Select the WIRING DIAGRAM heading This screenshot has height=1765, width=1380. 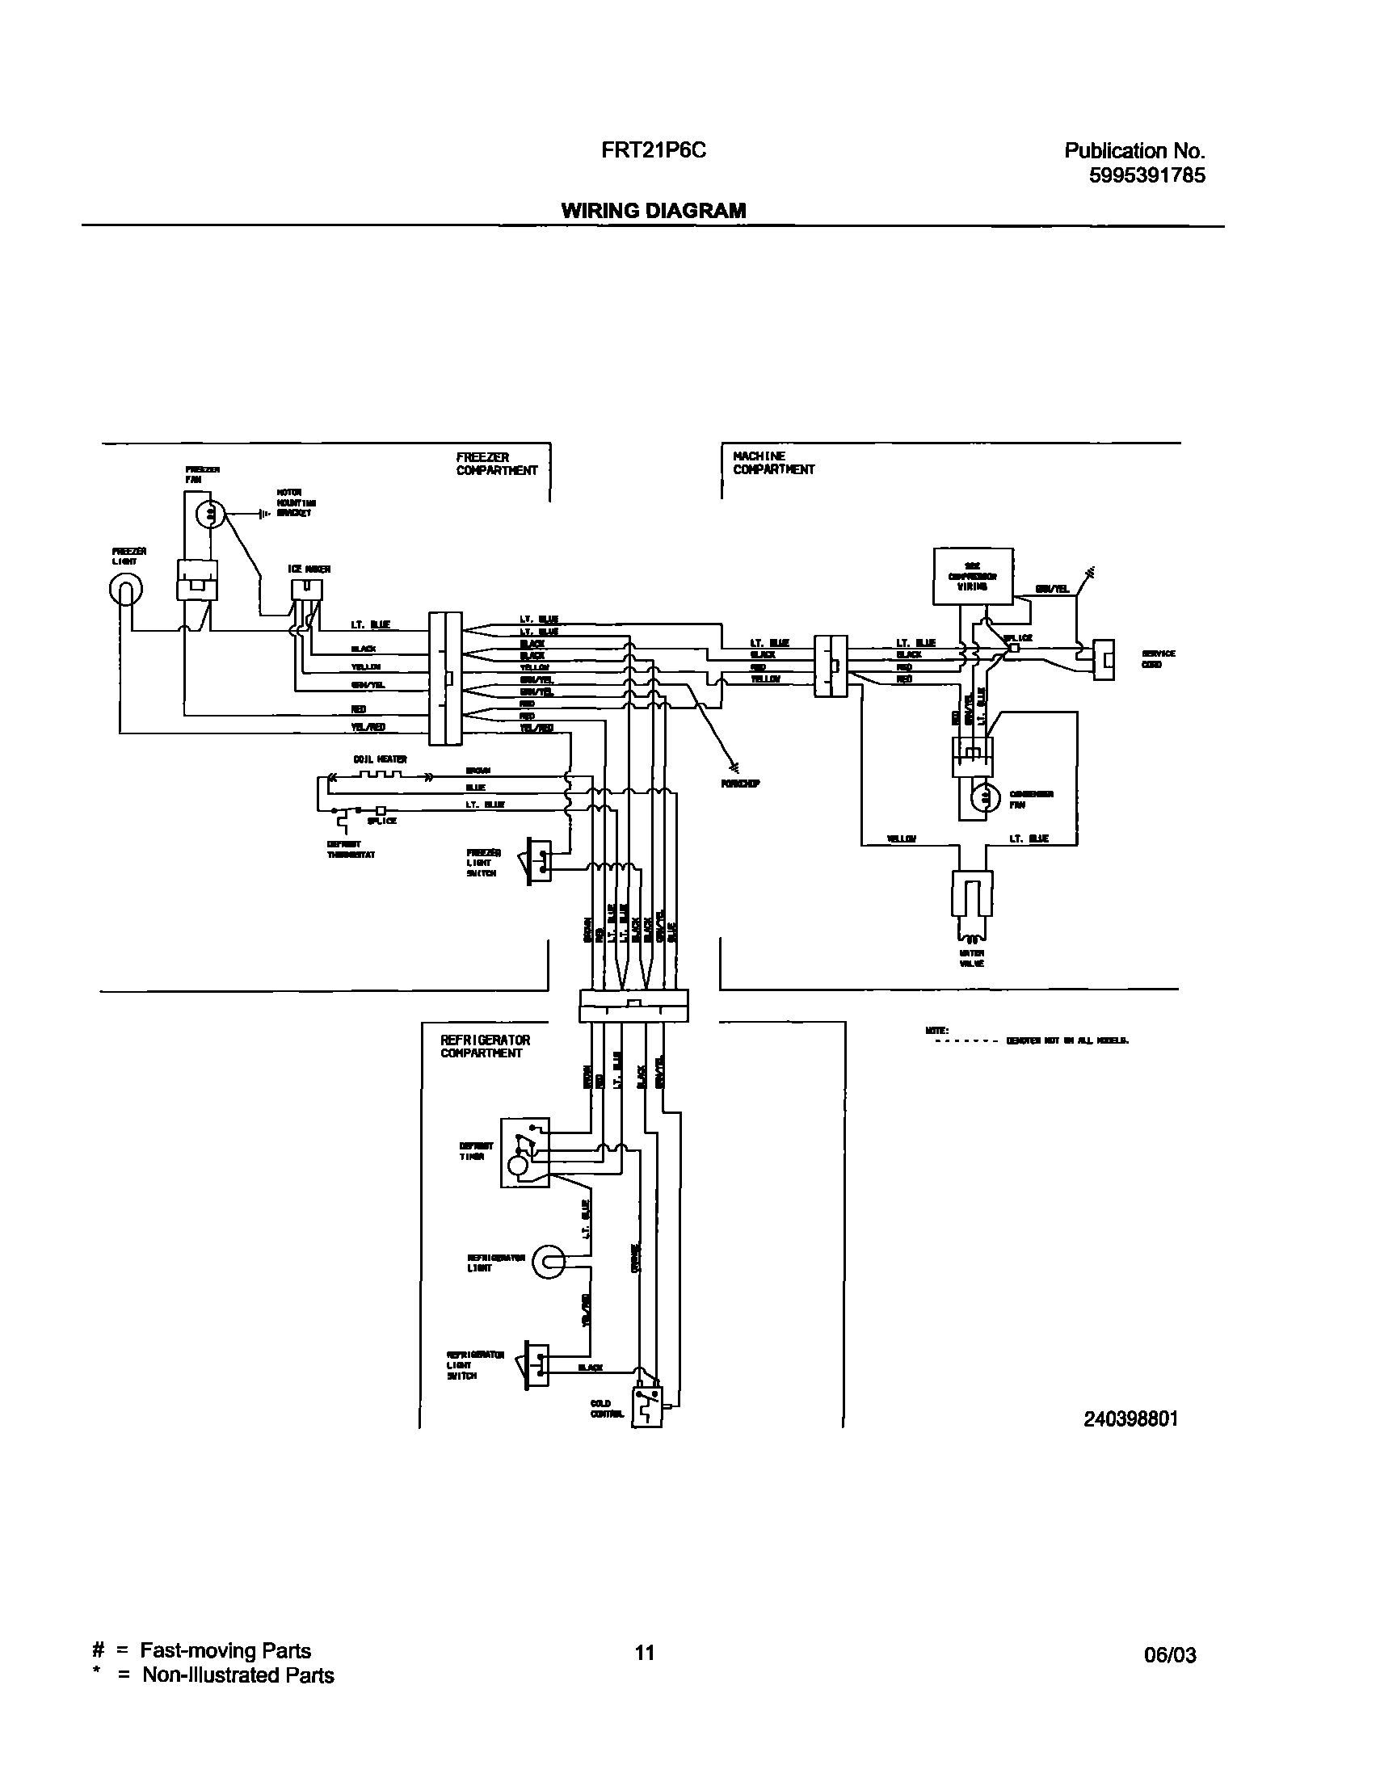653,211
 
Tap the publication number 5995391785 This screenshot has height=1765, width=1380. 1146,176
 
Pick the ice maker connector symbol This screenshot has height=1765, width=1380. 306,590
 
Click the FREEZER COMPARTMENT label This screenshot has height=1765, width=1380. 496,464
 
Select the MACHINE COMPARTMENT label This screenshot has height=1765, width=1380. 773,463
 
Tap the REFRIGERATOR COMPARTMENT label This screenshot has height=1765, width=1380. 485,1047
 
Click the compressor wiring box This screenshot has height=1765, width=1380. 973,576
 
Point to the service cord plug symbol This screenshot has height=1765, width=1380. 1104,660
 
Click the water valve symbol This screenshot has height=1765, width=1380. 972,904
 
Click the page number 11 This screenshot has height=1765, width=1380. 643,1653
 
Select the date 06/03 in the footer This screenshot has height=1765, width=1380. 1169,1655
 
